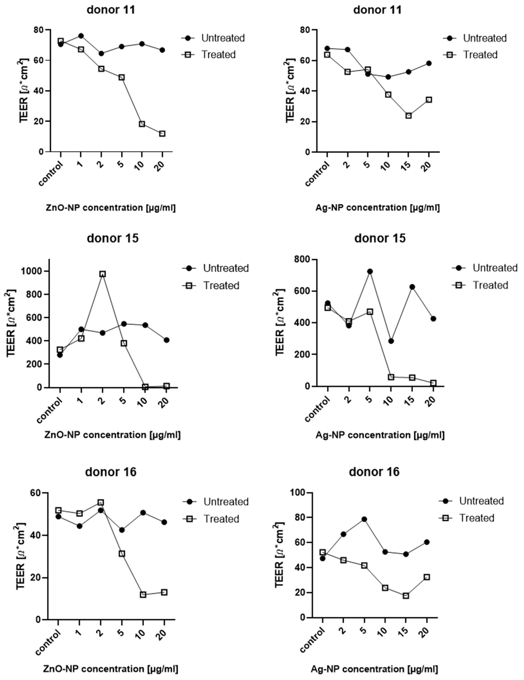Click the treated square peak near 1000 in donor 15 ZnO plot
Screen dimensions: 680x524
102,274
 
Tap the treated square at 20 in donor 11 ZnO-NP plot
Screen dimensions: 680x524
162,134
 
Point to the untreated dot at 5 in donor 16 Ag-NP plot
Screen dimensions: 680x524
364,519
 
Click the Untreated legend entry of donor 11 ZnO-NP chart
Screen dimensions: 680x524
223,38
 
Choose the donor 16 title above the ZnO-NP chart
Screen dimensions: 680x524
111,472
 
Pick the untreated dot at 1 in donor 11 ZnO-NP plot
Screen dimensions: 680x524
81,36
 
